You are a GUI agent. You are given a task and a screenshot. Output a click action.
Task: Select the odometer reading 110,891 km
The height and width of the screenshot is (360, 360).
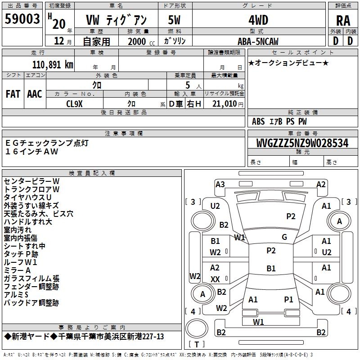pyautogui.click(x=53, y=64)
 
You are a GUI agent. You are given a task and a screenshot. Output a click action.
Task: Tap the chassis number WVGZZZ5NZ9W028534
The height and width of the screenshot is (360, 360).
pyautogui.click(x=302, y=143)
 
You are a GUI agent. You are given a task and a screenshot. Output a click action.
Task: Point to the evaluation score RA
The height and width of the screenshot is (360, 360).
pyautogui.click(x=343, y=20)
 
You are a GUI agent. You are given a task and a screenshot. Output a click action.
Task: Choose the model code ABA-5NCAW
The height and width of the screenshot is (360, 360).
pyautogui.click(x=258, y=41)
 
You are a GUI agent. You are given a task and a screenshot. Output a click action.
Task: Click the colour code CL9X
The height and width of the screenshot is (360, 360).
pyautogui.click(x=74, y=103)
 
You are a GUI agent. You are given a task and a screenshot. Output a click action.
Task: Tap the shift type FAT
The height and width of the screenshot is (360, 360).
pyautogui.click(x=13, y=94)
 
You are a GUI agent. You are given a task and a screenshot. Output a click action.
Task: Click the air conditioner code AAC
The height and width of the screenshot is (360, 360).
pyautogui.click(x=35, y=94)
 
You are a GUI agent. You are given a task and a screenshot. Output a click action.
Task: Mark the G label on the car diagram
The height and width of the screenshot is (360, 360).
pyautogui.click(x=284, y=237)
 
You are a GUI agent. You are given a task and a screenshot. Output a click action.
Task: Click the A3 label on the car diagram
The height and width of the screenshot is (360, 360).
pyautogui.click(x=220, y=184)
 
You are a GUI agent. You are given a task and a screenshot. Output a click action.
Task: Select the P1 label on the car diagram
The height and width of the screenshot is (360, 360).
pyautogui.click(x=288, y=299)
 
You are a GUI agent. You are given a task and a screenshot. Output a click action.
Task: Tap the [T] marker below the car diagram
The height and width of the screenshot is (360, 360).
pyautogui.click(x=197, y=344)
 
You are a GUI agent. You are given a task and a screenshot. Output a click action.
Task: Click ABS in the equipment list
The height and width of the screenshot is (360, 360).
pyautogui.click(x=258, y=121)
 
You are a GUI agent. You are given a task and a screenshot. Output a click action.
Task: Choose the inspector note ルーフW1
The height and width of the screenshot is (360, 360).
pyautogui.click(x=21, y=262)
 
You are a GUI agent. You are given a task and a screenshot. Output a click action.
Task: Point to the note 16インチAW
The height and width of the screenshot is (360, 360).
pyautogui.click(x=32, y=151)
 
